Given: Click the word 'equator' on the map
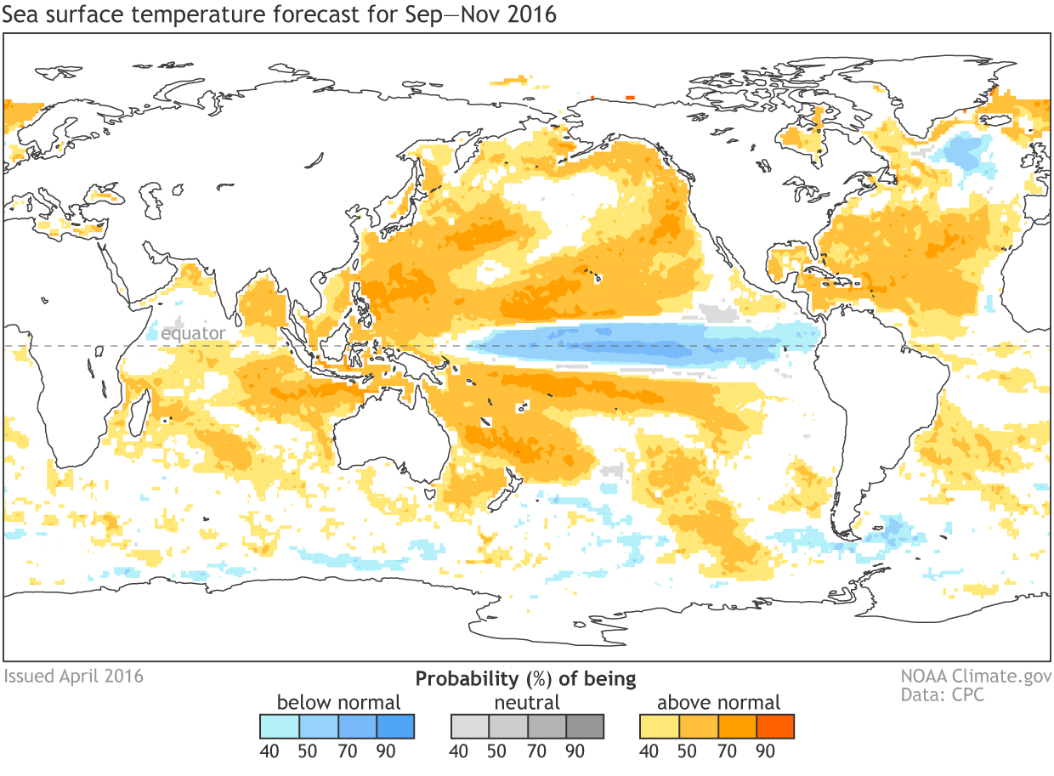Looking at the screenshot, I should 194,333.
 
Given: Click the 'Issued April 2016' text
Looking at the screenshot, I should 74,677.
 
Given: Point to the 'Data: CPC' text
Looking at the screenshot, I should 943,695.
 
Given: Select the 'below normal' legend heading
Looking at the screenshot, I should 338,703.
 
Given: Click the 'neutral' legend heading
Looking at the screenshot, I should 527,703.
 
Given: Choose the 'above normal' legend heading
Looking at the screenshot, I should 718,703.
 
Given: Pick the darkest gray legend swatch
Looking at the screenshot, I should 585,727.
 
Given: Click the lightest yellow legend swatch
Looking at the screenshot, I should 660,727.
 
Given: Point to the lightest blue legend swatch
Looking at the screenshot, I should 280,727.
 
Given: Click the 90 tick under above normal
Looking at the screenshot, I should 765,751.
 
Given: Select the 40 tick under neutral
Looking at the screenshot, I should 458,751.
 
